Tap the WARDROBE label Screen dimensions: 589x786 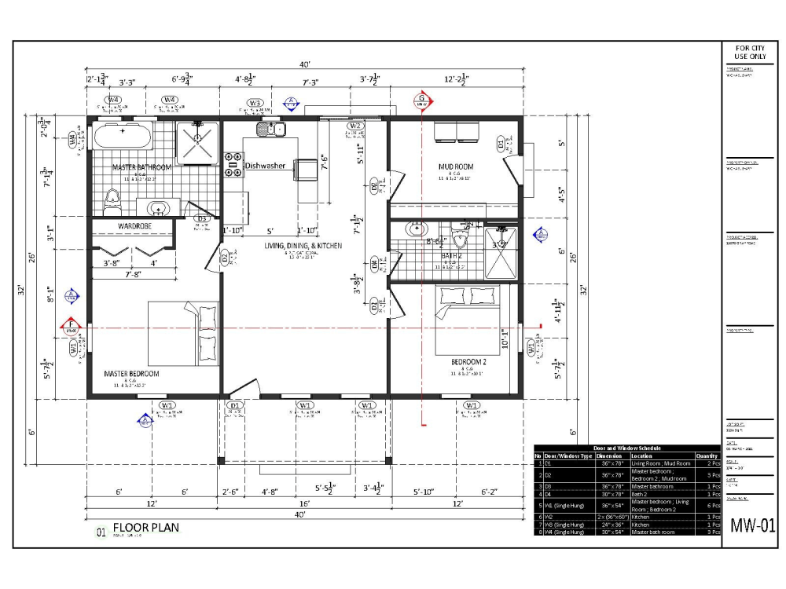click(134, 226)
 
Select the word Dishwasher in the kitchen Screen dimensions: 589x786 click(265, 166)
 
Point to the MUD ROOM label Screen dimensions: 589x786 click(456, 166)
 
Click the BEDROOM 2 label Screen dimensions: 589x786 click(469, 362)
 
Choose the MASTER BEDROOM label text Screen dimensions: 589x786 click(131, 374)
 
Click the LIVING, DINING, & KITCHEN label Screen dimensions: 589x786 click(303, 246)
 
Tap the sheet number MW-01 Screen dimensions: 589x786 click(752, 525)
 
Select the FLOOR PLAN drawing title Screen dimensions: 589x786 click(145, 528)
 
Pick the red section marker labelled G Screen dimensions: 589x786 click(422, 101)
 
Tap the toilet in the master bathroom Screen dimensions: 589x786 click(112, 200)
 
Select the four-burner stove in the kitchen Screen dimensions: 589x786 click(233, 163)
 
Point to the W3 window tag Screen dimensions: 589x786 click(255, 103)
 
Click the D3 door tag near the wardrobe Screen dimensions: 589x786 click(201, 219)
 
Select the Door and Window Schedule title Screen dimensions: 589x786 click(626, 448)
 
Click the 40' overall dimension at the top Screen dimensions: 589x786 click(305, 64)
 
